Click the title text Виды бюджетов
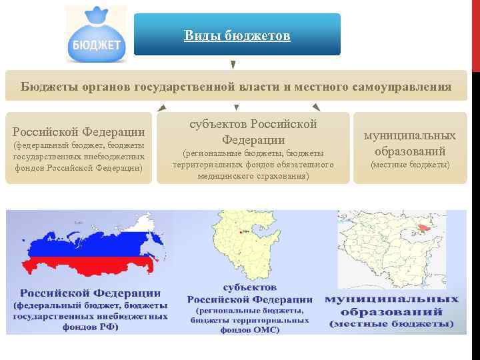pos(237,35)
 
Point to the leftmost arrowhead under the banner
pos(162,107)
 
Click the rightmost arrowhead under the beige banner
pos(315,107)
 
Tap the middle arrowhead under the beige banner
pos(236,107)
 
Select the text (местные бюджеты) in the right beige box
pos(410,164)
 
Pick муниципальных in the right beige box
pos(410,135)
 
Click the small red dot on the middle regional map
pos(241,232)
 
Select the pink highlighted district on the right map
pos(422,229)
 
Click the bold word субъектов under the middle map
pos(250,287)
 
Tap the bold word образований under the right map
pos(391,311)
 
